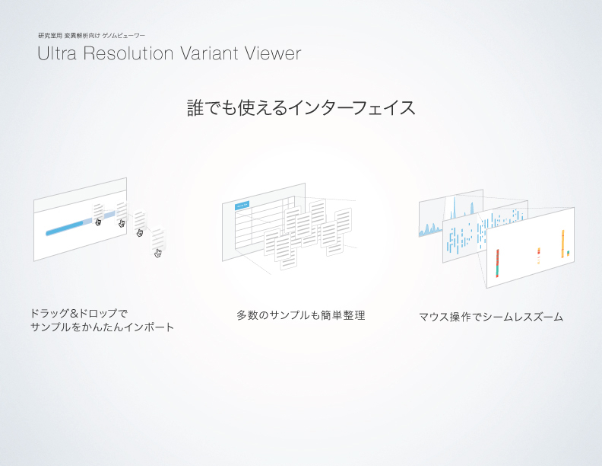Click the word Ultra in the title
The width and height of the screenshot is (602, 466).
(x=57, y=53)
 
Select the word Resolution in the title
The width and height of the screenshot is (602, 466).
(x=128, y=53)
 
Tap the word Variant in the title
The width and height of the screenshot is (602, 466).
(x=209, y=53)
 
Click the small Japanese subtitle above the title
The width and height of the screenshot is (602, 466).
(x=91, y=36)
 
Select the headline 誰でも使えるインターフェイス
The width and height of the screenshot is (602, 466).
(x=301, y=107)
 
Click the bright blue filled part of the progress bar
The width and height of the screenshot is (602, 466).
(x=65, y=228)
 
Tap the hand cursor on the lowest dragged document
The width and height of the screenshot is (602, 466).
(x=157, y=253)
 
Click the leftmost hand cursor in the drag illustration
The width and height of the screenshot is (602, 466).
(x=98, y=222)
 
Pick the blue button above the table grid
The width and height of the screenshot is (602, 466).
(x=242, y=206)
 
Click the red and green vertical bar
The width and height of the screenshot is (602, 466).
(x=498, y=263)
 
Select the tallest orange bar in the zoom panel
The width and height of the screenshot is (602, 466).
(x=562, y=244)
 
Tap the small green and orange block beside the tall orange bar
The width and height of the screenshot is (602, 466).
(x=569, y=253)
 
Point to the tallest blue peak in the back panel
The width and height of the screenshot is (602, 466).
(x=455, y=209)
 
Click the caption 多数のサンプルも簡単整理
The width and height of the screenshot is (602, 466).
(x=301, y=315)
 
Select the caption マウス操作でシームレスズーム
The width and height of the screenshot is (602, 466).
(x=491, y=317)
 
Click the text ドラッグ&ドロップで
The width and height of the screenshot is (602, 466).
(x=79, y=314)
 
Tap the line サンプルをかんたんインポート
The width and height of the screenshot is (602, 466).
(x=102, y=327)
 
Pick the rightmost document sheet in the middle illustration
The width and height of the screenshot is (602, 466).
(x=344, y=221)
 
